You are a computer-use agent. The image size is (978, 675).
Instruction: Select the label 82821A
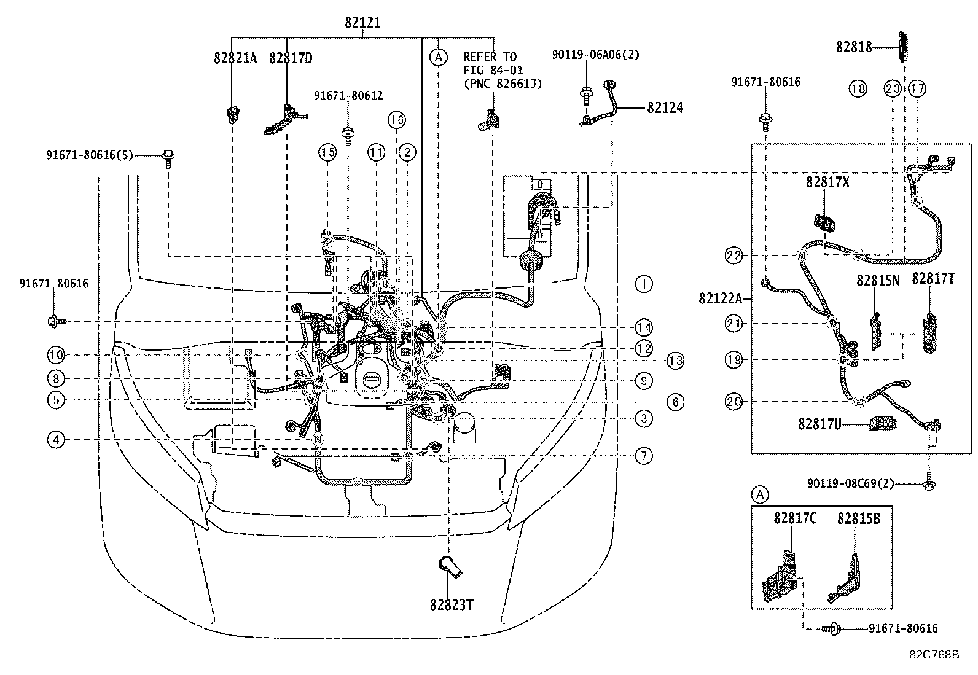click(x=235, y=58)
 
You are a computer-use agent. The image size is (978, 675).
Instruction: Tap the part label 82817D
click(x=291, y=58)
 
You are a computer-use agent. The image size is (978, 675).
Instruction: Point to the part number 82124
click(x=665, y=107)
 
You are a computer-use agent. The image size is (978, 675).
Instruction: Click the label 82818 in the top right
click(x=853, y=47)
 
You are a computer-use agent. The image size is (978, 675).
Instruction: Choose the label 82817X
click(x=827, y=182)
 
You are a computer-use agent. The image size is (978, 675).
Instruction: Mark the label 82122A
click(x=721, y=298)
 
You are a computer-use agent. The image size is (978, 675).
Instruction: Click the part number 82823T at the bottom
click(x=452, y=604)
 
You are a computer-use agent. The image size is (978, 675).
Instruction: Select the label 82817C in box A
click(x=794, y=518)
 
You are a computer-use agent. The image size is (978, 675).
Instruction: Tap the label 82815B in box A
click(x=858, y=518)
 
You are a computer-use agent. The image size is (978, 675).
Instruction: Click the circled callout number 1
click(x=643, y=284)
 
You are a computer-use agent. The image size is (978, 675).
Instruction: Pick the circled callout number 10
click(x=56, y=355)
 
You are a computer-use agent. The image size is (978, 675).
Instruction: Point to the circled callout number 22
click(x=734, y=255)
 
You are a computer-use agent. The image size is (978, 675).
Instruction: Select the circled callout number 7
click(x=643, y=456)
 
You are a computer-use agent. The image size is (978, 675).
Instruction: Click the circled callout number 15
click(x=327, y=152)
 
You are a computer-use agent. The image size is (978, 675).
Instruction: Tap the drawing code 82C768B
click(x=934, y=655)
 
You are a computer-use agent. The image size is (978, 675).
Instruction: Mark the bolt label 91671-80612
click(x=348, y=96)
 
